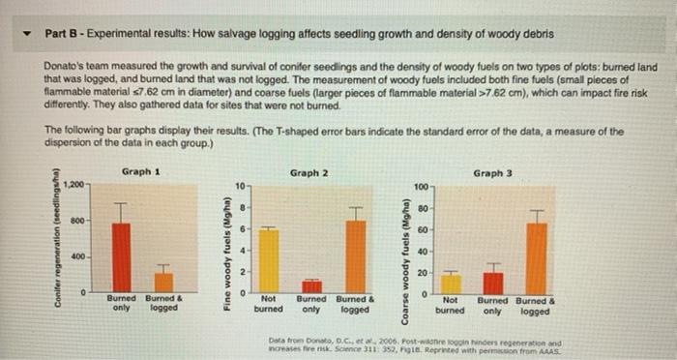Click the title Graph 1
pos(140,171)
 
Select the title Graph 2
pos(309,172)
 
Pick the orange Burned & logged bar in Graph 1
pos(164,281)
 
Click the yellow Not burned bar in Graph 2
pos(269,260)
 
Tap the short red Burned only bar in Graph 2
pos(311,286)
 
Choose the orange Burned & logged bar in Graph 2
pos(356,255)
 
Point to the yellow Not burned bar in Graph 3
pos(451,283)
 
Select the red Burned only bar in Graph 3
pos(493,281)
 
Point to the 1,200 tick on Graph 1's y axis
pos(74,183)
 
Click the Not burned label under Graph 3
pos(450,306)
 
